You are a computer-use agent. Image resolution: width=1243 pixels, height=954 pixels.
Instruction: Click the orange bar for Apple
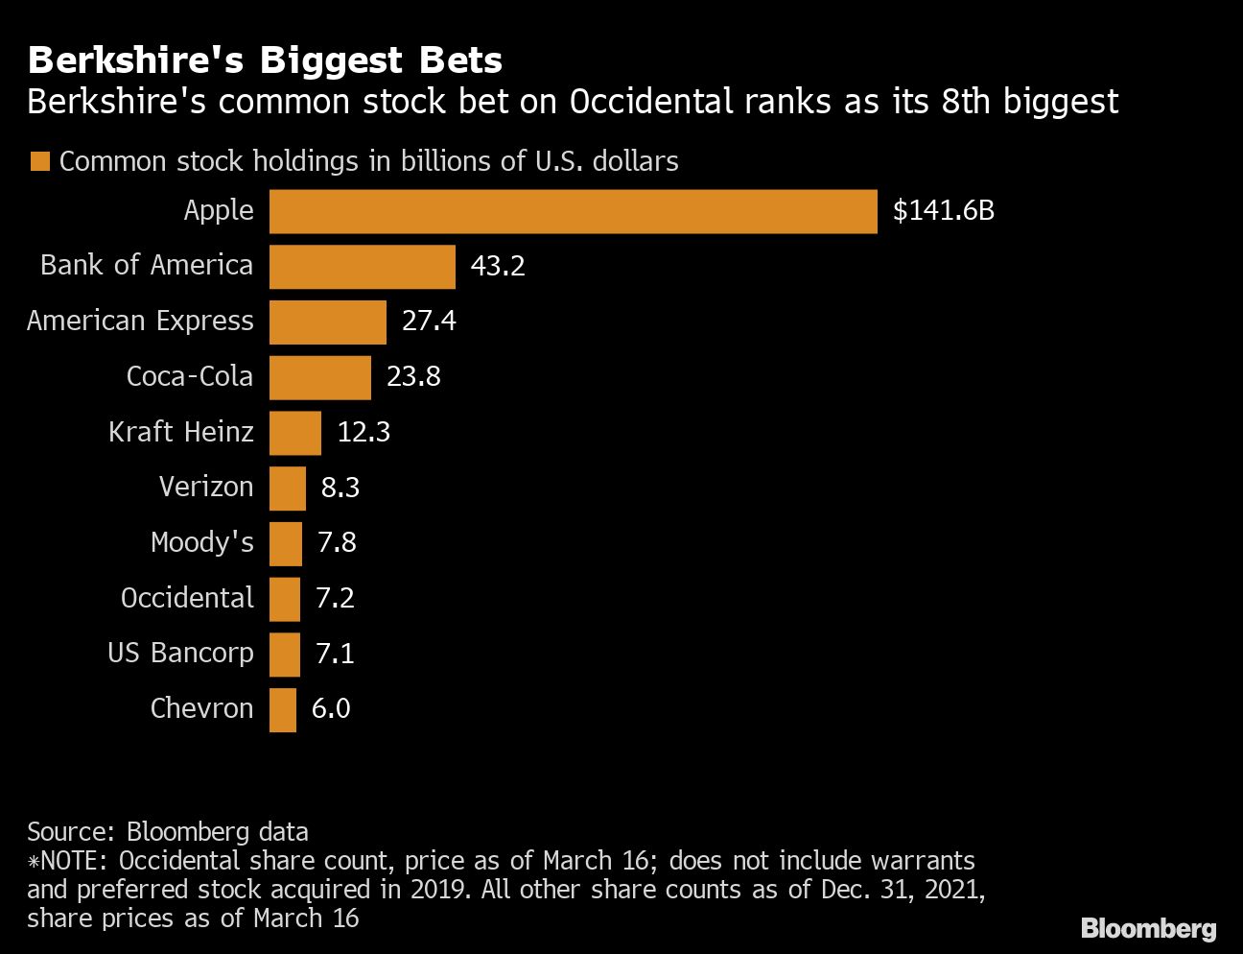pyautogui.click(x=573, y=211)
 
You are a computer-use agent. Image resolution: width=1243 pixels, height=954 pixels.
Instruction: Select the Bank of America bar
pyautogui.click(x=362, y=267)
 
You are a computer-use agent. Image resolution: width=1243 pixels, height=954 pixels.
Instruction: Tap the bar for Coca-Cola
pyautogui.click(x=319, y=377)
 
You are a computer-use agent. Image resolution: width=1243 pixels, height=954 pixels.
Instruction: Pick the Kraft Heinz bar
pyautogui.click(x=294, y=433)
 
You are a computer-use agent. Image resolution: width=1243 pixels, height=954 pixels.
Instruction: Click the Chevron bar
pyautogui.click(x=282, y=710)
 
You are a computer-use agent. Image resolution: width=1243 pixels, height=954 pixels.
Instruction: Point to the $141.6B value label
pyautogui.click(x=943, y=211)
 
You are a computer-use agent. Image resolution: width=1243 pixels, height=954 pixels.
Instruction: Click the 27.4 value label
pyautogui.click(x=429, y=322)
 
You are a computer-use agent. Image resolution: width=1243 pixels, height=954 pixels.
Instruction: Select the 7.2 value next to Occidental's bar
pyautogui.click(x=335, y=599)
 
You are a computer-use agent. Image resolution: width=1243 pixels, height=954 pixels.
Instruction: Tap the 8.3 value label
pyautogui.click(x=340, y=489)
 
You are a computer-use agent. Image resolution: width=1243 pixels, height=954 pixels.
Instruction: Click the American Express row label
pyautogui.click(x=140, y=322)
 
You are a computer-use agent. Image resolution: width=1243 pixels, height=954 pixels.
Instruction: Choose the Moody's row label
pyautogui.click(x=201, y=543)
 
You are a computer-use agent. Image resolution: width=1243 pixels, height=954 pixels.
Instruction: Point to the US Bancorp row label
pyautogui.click(x=180, y=654)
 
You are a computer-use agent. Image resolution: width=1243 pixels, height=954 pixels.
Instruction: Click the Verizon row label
pyautogui.click(x=206, y=488)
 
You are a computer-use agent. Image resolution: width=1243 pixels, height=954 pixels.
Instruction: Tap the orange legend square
pyautogui.click(x=39, y=161)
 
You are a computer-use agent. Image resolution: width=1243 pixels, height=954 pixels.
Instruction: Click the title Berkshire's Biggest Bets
pyautogui.click(x=265, y=60)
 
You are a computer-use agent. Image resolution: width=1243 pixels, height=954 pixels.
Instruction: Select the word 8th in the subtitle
pyautogui.click(x=964, y=102)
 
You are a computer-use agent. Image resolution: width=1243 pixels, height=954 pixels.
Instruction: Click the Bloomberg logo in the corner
pyautogui.click(x=1148, y=928)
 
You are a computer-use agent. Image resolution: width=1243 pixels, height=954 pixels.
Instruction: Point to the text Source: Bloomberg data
pyautogui.click(x=168, y=831)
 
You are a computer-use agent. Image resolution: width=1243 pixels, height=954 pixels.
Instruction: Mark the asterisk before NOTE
pyautogui.click(x=33, y=862)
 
